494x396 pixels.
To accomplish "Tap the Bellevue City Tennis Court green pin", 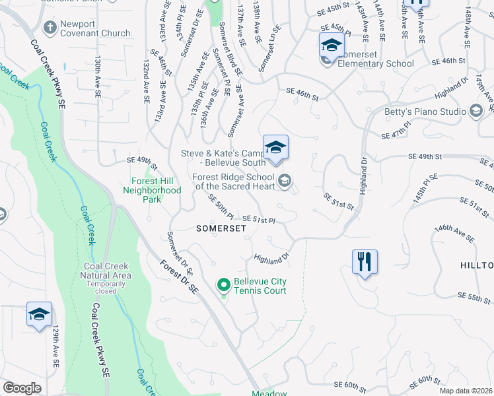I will [224, 285].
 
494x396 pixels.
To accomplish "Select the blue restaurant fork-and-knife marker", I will [365, 261].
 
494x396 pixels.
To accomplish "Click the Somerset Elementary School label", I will [376, 63].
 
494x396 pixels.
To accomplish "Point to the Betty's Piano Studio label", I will [425, 112].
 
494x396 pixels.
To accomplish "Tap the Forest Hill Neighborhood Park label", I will [152, 186].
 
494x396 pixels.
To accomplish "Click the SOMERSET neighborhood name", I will [221, 228].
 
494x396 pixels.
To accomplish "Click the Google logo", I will [22, 388].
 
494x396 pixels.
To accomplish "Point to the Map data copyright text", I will [466, 391].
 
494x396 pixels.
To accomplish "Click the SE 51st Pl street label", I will [258, 219].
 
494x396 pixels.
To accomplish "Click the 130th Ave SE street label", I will [98, 77].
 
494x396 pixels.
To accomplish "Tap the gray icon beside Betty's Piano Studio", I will [476, 112].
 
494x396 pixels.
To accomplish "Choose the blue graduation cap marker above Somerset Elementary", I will [332, 46].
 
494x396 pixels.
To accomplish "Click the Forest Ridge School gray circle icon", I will [285, 180].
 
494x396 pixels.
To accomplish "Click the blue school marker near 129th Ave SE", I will [39, 314].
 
